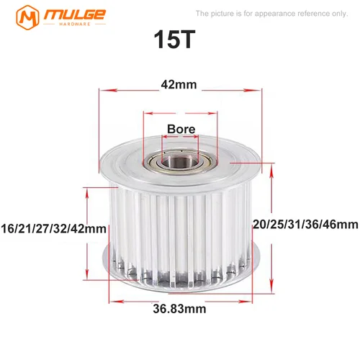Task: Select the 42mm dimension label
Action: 178,85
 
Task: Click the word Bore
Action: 180,130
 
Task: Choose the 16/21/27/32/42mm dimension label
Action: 54,228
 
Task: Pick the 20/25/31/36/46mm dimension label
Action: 306,225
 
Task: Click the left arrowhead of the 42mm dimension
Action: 101,91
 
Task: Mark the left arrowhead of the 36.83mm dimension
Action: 112,298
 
